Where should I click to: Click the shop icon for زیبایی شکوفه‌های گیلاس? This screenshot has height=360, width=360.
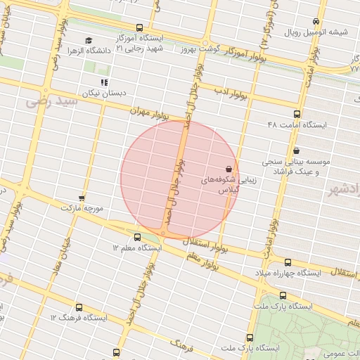(229, 169)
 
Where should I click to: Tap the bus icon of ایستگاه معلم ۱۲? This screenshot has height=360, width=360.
(136, 237)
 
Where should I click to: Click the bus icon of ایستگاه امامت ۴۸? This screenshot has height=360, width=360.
(296, 114)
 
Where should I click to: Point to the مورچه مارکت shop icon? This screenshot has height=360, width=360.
(82, 198)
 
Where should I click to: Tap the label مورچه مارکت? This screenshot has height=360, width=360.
(82, 209)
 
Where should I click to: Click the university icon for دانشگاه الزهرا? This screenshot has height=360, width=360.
(89, 40)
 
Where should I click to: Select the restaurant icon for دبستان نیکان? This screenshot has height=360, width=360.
(105, 82)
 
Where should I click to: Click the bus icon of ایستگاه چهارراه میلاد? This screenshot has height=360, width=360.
(288, 262)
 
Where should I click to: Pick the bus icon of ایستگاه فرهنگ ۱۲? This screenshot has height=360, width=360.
(77, 307)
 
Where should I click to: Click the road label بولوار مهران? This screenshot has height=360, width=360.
(150, 115)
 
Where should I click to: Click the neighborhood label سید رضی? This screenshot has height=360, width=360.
(49, 103)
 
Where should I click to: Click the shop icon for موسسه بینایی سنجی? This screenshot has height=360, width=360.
(296, 150)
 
